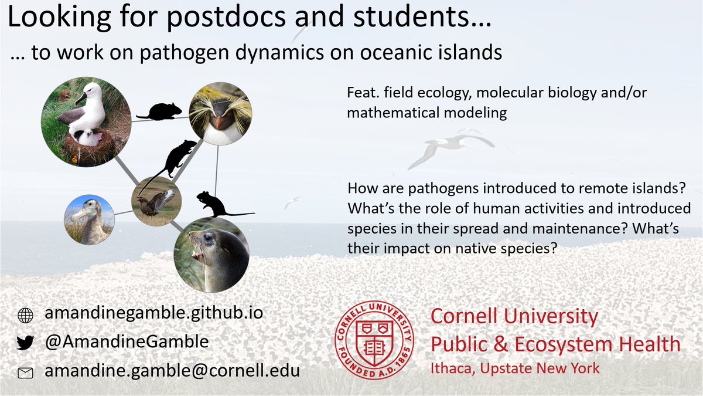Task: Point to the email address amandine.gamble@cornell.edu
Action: pyautogui.click(x=172, y=371)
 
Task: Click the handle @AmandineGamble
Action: pyautogui.click(x=127, y=342)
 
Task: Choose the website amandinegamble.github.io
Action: pyautogui.click(x=153, y=313)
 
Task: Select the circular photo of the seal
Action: pyautogui.click(x=211, y=255)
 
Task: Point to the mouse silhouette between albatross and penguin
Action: pyautogui.click(x=159, y=111)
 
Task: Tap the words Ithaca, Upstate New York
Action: pyautogui.click(x=515, y=368)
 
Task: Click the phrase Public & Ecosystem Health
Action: pyautogui.click(x=555, y=344)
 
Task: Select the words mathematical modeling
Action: pyautogui.click(x=426, y=113)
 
